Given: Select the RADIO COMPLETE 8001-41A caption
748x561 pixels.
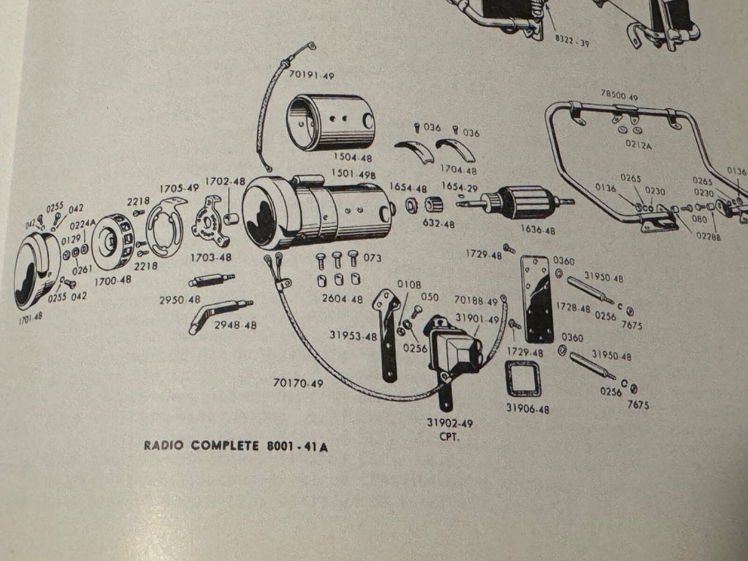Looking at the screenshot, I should [x=235, y=446].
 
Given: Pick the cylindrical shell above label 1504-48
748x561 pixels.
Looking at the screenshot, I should [x=333, y=122].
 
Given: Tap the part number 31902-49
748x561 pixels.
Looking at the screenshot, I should [x=450, y=424].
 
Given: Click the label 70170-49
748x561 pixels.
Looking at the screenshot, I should [x=298, y=382].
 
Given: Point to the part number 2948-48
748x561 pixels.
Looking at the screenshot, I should [x=235, y=325].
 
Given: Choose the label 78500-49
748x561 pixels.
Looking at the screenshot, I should [x=619, y=96].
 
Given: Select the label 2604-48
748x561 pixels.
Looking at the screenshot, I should [x=343, y=299].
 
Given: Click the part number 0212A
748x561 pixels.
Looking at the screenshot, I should [x=638, y=144].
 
